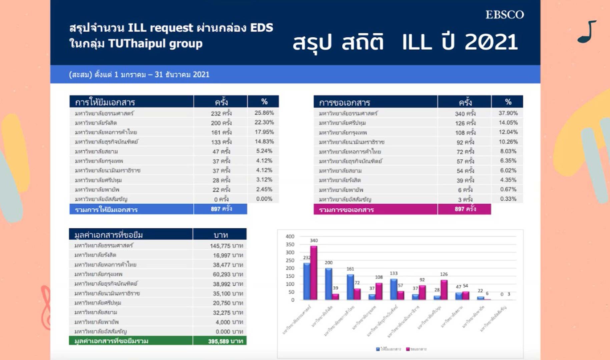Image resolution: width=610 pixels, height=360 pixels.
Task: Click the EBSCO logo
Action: pyautogui.click(x=504, y=15)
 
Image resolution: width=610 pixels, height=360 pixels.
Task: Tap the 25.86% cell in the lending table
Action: pyautogui.click(x=264, y=113)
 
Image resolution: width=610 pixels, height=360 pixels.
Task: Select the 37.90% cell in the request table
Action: pyautogui.click(x=508, y=113)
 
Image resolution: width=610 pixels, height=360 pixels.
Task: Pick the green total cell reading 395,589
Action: pyautogui.click(x=225, y=341)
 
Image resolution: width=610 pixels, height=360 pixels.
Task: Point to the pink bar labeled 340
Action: pyautogui.click(x=314, y=273)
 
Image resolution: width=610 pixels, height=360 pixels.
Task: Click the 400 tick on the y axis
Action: pyautogui.click(x=290, y=236)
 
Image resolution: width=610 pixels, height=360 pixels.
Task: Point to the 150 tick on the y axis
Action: pyautogui.click(x=290, y=276)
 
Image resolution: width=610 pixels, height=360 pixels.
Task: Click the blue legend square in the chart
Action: pyautogui.click(x=378, y=349)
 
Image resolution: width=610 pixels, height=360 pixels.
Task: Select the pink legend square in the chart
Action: pyautogui.click(x=408, y=349)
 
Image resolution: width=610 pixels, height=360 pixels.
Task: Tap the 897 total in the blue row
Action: pyautogui.click(x=221, y=209)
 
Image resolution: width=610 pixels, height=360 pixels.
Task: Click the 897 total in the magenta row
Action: pyautogui.click(x=465, y=209)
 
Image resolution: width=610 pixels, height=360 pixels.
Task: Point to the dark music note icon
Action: pyautogui.click(x=587, y=32)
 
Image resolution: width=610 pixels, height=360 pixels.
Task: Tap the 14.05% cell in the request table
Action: pyautogui.click(x=508, y=123)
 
